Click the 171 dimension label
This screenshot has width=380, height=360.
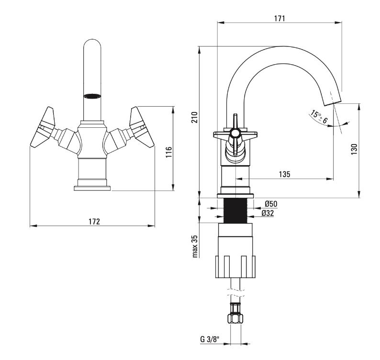coord(279,18)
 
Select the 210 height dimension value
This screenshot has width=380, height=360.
coord(195,117)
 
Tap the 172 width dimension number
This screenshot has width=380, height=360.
coord(94,222)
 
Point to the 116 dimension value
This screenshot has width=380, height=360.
coord(168,152)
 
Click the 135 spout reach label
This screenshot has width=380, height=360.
coord(284,174)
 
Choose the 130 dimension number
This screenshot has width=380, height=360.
coord(354,149)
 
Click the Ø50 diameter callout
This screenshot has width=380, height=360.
coord(271,203)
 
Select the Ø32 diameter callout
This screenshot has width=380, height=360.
coord(268,213)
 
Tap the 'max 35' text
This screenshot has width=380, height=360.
coord(195,246)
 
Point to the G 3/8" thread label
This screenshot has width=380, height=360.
coord(210,339)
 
